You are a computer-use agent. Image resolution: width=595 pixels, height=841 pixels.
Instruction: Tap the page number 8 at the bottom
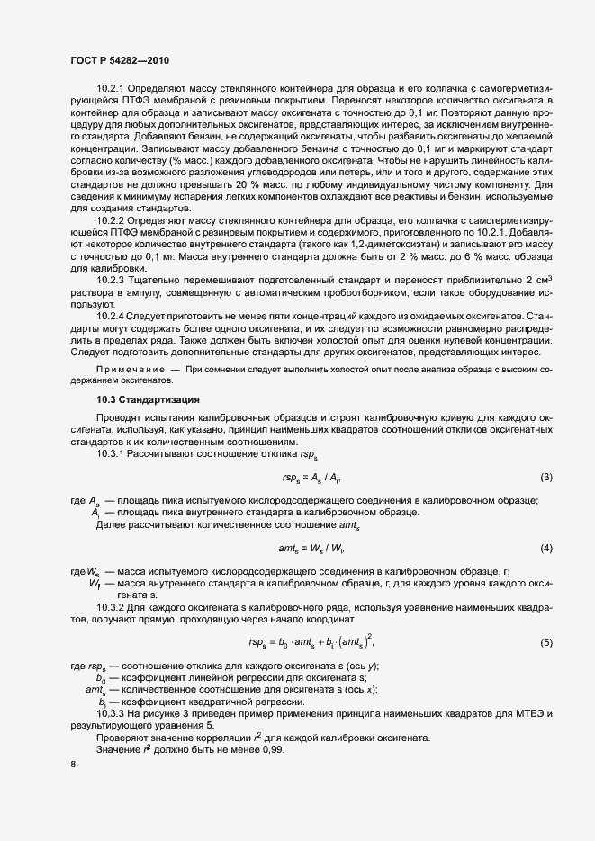72,765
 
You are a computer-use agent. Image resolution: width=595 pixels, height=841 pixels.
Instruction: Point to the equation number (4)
545,548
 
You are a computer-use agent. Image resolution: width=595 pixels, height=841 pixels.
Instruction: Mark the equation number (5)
545,641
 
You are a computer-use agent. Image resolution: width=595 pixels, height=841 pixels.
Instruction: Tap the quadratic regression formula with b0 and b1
311,641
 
